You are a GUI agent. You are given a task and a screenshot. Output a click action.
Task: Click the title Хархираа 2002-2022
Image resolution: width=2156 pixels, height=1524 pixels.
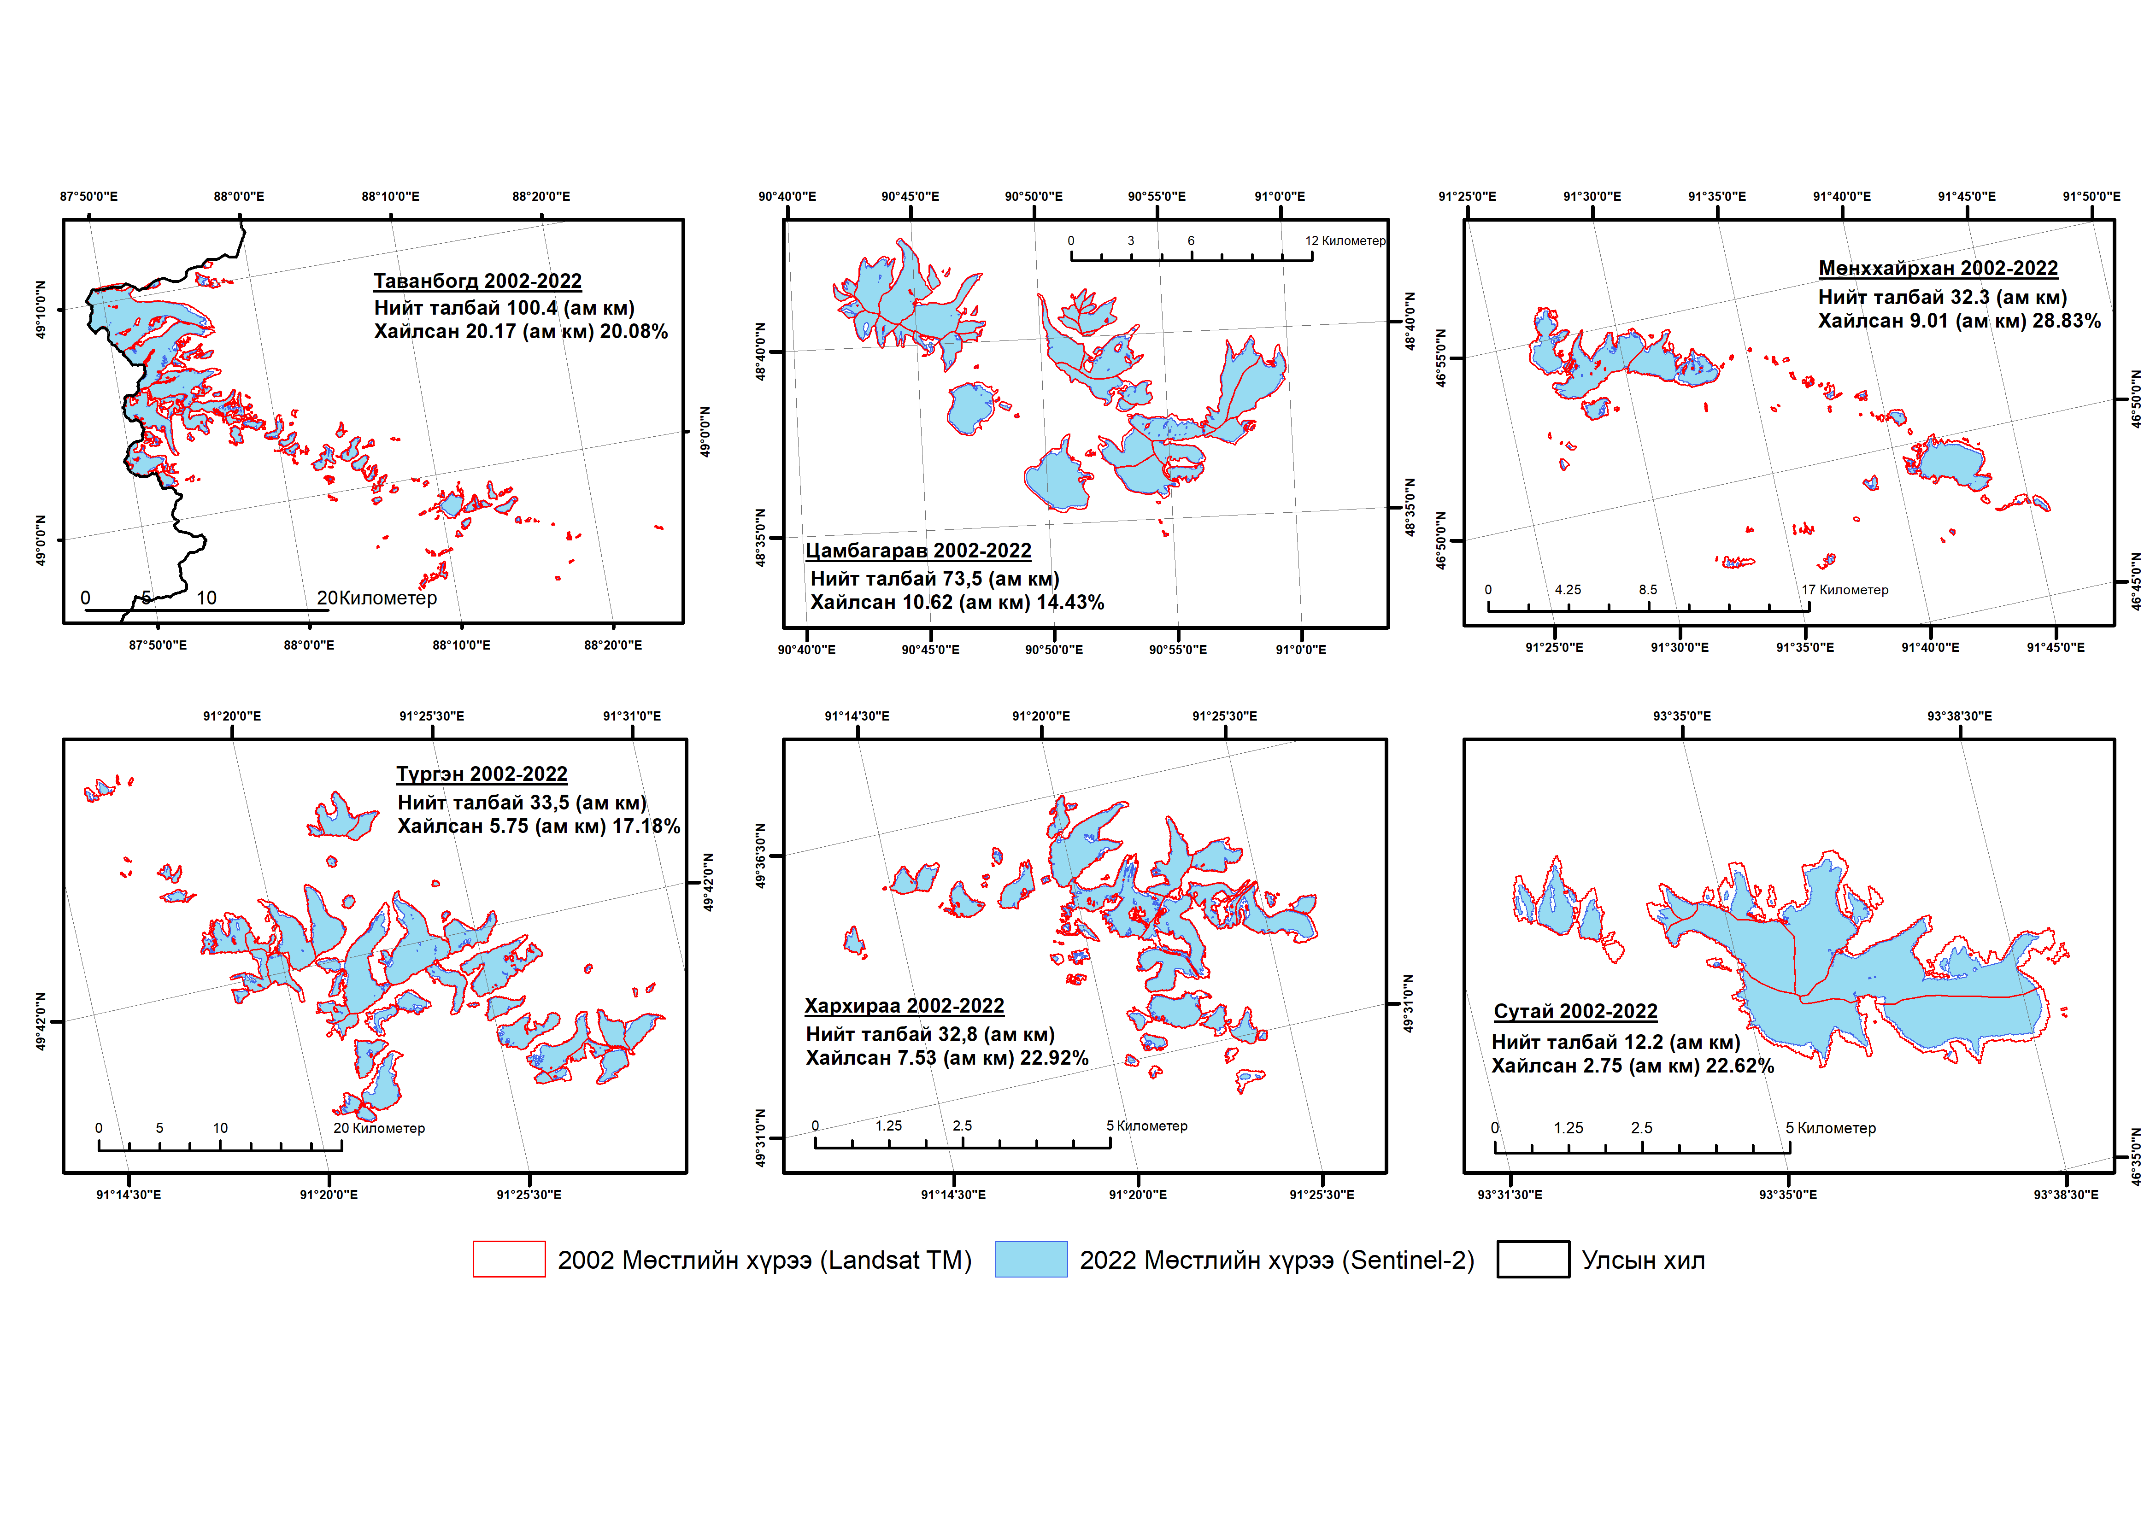[x=904, y=1006]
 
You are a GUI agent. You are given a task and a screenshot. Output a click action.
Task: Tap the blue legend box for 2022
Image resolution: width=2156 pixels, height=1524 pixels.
[x=1031, y=1259]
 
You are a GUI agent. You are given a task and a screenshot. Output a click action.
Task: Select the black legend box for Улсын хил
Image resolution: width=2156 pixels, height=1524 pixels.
[x=1533, y=1259]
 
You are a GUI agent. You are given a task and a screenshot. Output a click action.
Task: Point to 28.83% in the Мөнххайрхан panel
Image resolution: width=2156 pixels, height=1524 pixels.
[x=2066, y=321]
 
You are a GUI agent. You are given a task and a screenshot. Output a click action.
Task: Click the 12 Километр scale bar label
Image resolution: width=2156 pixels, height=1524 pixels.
[x=1345, y=241]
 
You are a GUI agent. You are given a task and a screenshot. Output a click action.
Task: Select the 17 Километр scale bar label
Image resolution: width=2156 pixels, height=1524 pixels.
[x=1844, y=590]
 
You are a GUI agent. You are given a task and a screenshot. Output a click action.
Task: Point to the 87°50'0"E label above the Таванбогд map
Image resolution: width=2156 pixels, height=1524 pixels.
[x=89, y=196]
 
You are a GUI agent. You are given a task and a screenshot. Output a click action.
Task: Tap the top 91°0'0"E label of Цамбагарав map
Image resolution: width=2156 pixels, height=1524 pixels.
[x=1280, y=196]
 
